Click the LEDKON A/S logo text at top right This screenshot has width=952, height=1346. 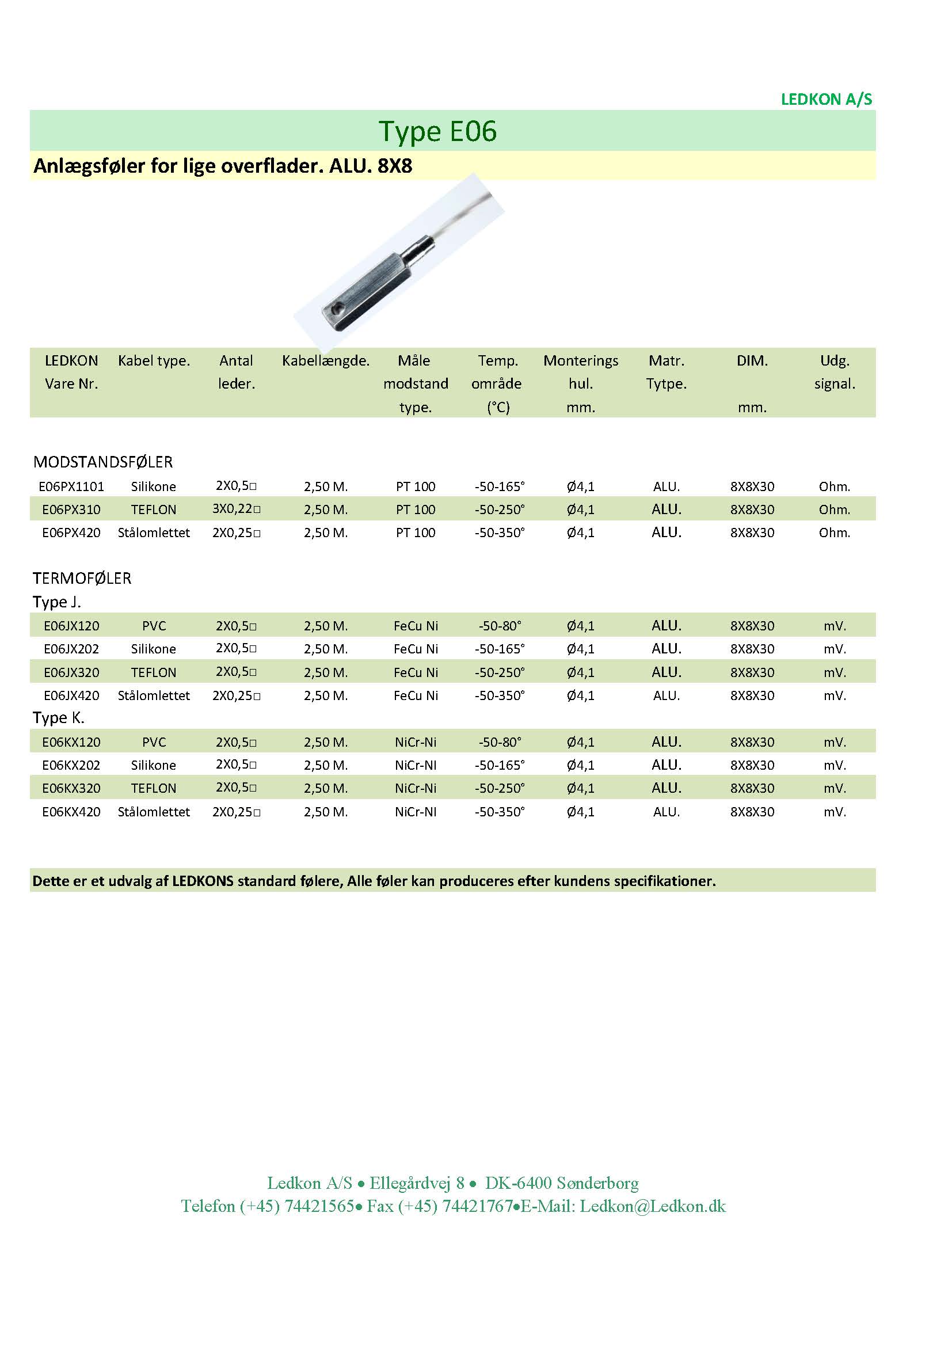(826, 99)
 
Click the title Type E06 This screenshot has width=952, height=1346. (437, 131)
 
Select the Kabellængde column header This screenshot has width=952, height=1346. (325, 360)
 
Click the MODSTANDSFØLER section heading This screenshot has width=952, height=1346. (103, 462)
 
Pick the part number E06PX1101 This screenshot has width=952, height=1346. (71, 486)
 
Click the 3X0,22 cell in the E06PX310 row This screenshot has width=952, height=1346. (235, 509)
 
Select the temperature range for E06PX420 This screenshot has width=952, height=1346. (500, 533)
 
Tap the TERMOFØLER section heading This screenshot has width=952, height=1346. (82, 579)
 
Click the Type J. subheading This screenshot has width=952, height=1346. (57, 602)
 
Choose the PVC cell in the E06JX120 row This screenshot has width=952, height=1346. (154, 626)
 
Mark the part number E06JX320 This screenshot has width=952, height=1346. (71, 672)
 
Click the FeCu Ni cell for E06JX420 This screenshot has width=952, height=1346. (416, 696)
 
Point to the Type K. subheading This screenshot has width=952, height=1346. (59, 718)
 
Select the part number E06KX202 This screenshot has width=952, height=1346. (71, 765)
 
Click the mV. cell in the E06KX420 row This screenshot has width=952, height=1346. (834, 812)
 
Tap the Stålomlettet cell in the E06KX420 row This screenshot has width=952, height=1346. (154, 812)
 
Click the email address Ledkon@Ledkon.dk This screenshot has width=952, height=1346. (653, 1207)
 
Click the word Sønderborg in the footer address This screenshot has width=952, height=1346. (597, 1183)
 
